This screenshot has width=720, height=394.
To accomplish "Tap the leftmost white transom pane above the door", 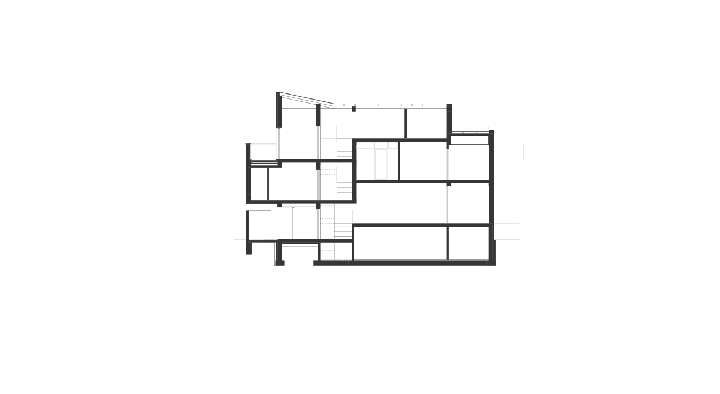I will coord(362,146).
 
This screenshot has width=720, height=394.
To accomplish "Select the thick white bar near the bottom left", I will coord(299,245).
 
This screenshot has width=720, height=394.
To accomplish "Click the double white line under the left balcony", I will coord(264,164).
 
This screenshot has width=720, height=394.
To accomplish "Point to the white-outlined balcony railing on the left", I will coord(263,152).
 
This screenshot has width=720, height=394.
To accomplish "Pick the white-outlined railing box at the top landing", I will coord(328,133).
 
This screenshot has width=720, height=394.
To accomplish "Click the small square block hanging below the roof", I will coord(354,109).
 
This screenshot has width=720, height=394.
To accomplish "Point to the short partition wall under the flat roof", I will coord(406,123).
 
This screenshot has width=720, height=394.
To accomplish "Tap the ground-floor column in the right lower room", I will coord(448,243).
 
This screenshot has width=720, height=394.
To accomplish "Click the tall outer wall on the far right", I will coord(492,197).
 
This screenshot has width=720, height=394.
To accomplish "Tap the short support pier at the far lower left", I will coord(249,248).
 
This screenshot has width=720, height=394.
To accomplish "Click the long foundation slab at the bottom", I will coord(405,262).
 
